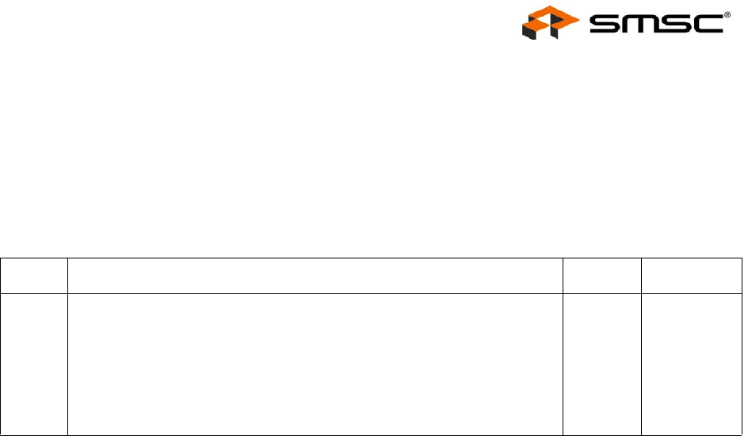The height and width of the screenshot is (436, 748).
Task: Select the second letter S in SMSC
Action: (677, 26)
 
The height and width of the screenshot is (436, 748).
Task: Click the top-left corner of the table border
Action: (2, 258)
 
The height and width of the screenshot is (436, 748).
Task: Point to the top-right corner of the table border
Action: (742, 258)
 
